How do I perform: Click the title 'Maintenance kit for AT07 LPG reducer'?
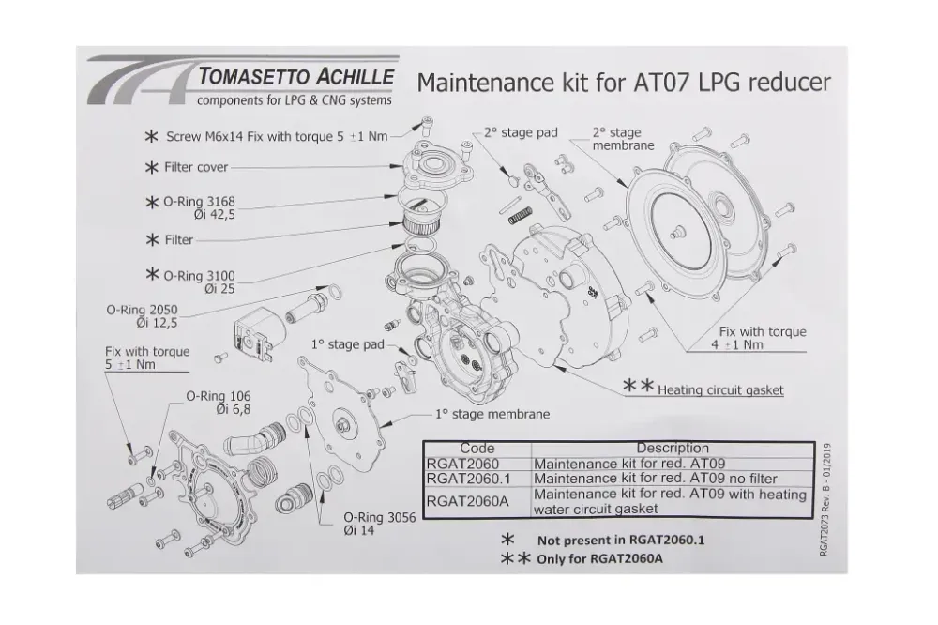(x=623, y=83)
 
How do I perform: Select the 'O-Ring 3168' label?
(x=198, y=207)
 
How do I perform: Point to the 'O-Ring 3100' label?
(x=198, y=282)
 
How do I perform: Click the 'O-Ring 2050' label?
(x=144, y=315)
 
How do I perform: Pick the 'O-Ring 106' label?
(x=217, y=402)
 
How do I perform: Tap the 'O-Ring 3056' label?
(x=373, y=524)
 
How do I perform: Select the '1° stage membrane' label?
(x=492, y=413)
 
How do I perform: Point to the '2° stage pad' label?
(x=521, y=132)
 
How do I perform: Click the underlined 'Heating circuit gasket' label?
(x=720, y=390)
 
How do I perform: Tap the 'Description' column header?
(x=672, y=448)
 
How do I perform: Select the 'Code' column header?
(x=477, y=448)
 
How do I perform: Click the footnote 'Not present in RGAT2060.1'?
(x=620, y=541)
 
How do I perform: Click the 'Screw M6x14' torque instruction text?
(x=277, y=136)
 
